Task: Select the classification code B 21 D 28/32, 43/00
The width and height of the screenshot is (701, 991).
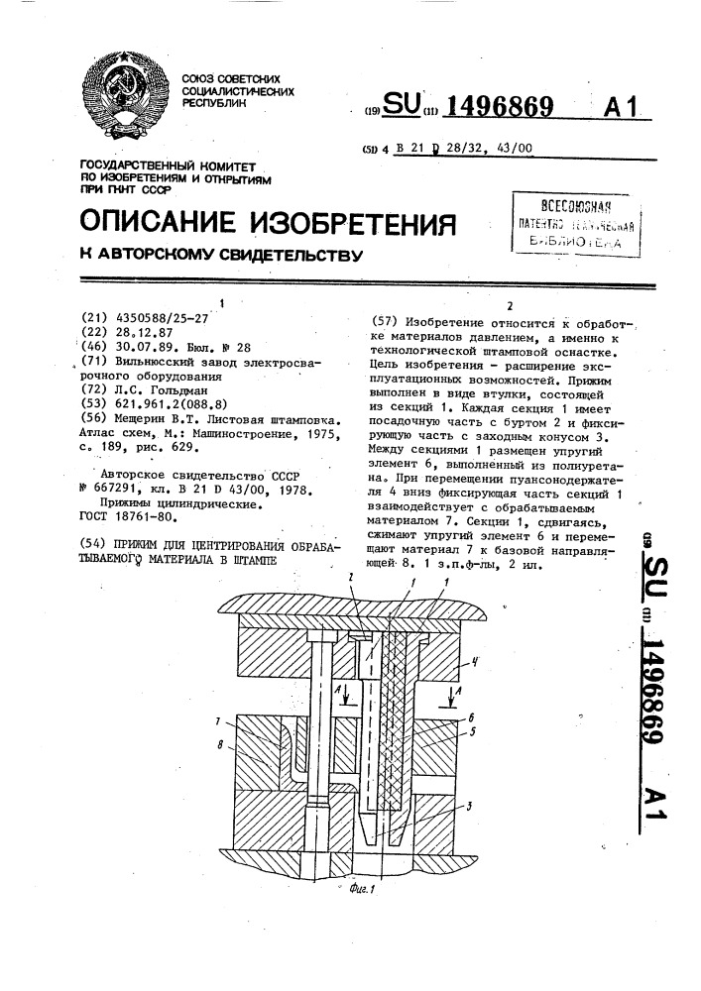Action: pos(463,149)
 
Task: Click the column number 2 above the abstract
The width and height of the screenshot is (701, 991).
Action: pos(510,305)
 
